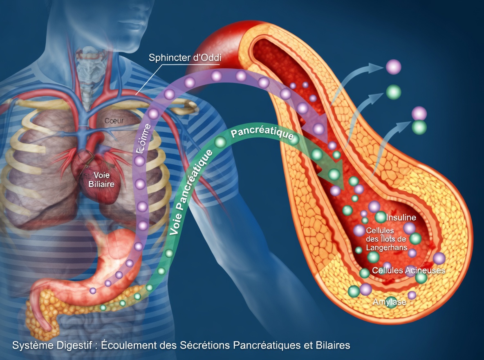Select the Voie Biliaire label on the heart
[101, 180]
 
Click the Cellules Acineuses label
[408, 270]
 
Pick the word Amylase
[390, 302]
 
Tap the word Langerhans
[384, 248]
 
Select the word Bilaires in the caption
[333, 345]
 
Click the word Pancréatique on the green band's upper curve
[263, 135]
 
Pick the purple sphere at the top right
[394, 67]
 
